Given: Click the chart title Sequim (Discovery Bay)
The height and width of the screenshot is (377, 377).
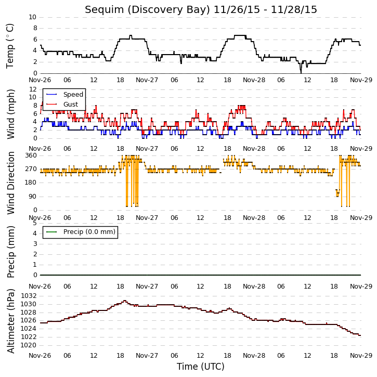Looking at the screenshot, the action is (147, 10).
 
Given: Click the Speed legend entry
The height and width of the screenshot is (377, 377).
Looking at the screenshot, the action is (64, 94).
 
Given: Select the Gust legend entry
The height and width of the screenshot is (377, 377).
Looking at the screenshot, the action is (62, 104).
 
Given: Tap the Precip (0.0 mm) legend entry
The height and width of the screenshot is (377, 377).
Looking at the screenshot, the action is (81, 232).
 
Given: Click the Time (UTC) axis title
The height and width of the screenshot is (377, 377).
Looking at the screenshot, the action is (201, 367).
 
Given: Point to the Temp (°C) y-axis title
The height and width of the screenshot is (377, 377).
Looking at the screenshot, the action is (10, 46).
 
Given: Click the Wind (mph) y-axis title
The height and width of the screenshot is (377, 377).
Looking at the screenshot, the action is (11, 114).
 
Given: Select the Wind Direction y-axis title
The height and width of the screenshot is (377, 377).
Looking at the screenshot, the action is (11, 183).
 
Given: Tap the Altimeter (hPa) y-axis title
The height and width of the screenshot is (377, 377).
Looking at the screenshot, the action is (11, 321).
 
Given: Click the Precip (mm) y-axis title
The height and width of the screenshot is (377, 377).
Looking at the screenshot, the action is (11, 252).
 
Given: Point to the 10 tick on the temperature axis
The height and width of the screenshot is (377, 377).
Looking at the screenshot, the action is (32, 17).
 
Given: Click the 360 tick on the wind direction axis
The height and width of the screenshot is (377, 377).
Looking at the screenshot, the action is (31, 155).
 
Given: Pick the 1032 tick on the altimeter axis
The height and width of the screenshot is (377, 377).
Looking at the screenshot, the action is (29, 295).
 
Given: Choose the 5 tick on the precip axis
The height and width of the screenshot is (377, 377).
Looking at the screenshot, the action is (35, 223).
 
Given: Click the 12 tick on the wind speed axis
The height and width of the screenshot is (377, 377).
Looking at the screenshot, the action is (33, 89).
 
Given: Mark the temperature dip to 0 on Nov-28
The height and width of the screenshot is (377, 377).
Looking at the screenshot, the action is (301, 73).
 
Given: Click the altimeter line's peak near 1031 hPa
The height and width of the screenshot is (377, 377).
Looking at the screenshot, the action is (125, 301).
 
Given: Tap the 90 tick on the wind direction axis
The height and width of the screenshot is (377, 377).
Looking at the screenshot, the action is (33, 197).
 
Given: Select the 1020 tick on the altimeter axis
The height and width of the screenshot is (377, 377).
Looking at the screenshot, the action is (29, 345).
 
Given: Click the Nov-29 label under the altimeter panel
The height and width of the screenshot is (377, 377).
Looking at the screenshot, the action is (361, 355).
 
